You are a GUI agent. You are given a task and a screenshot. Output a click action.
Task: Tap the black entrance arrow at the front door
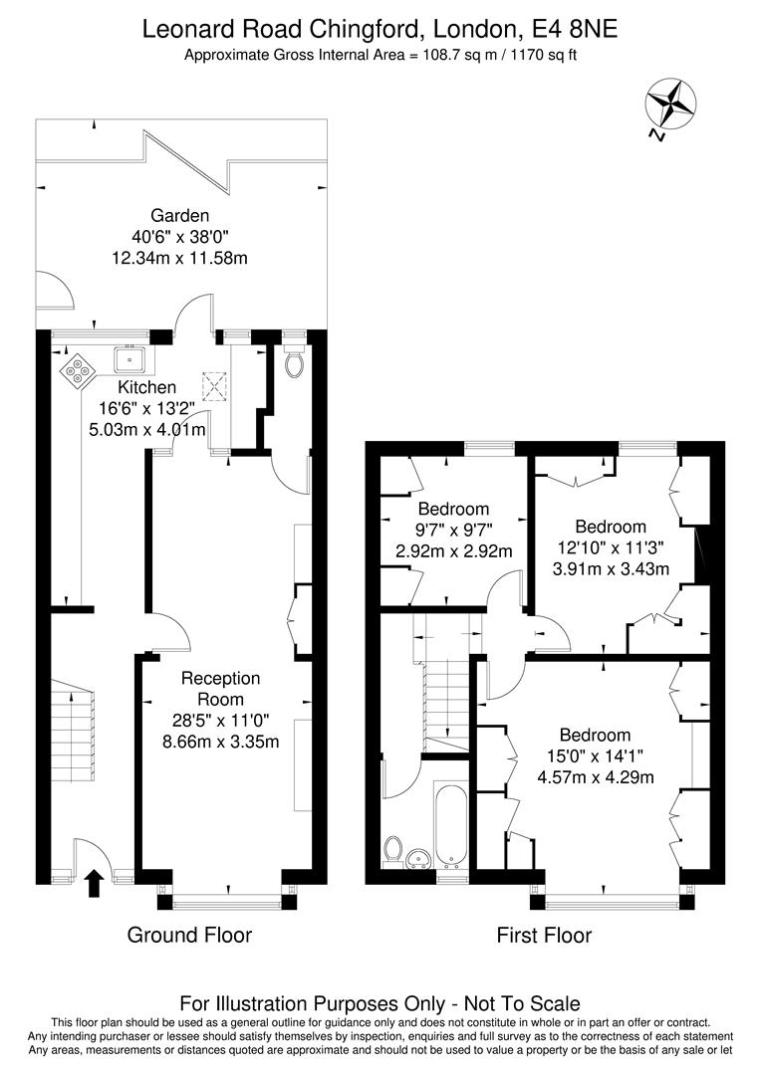(95, 882)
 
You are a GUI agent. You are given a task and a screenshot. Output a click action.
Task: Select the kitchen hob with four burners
(77, 370)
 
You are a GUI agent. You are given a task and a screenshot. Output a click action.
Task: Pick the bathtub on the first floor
(451, 824)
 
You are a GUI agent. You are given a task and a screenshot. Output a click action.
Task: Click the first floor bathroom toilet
(392, 853)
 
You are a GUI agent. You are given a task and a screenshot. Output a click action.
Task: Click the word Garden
(179, 215)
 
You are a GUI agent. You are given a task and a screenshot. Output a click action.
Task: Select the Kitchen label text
(147, 387)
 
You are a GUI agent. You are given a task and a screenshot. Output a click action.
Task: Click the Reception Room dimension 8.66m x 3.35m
(221, 742)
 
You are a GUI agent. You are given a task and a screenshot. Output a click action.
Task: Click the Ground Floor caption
(189, 935)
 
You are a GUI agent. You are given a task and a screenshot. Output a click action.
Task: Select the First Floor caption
(544, 935)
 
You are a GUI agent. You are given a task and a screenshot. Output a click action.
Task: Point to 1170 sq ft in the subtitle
(543, 56)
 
